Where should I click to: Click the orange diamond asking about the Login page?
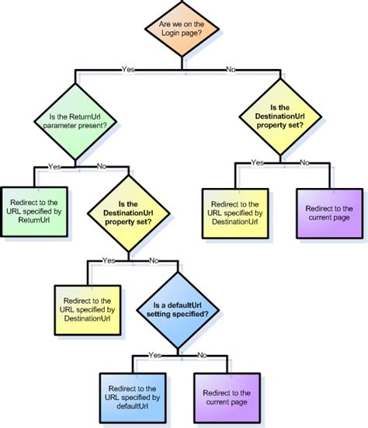point(183,31)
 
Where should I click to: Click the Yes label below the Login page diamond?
point(129,69)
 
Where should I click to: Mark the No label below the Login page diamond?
point(231,69)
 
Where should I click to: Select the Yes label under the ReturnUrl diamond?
point(54,165)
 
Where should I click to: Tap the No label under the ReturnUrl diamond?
point(101,165)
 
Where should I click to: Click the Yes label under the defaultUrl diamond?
point(154,354)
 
